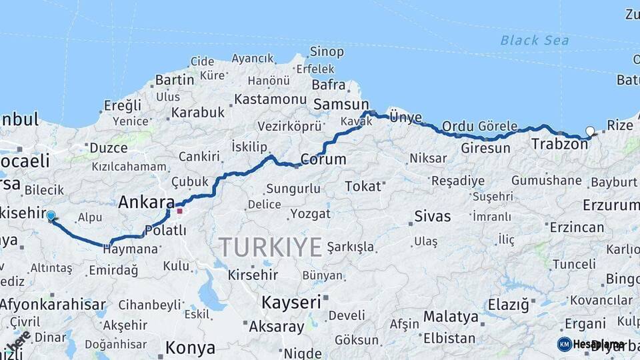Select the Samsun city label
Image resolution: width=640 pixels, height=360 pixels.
coord(341,104)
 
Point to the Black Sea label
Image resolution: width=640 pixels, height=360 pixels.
coord(535,41)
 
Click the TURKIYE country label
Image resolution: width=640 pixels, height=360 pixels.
coord(271,247)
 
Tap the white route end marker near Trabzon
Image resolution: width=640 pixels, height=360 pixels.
coord(589,131)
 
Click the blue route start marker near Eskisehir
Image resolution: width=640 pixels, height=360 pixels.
coord(51,215)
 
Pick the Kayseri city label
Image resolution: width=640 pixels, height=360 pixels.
coord(291,302)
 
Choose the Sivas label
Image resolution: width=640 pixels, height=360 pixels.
coord(433,216)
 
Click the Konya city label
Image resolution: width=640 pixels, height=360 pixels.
coord(190,347)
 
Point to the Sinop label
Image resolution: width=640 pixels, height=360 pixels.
coord(327,51)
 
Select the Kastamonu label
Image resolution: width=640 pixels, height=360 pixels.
coord(269,99)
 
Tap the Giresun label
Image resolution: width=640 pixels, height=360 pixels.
coord(485,148)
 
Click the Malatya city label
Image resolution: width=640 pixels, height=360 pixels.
coord(451,316)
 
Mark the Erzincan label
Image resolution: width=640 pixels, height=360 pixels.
coord(577,227)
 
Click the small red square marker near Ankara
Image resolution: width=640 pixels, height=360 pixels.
coord(179,211)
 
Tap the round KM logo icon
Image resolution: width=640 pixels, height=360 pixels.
coord(565,344)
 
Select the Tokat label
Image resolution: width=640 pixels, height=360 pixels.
coord(363,186)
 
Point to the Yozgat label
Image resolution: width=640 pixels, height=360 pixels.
coord(310,214)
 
